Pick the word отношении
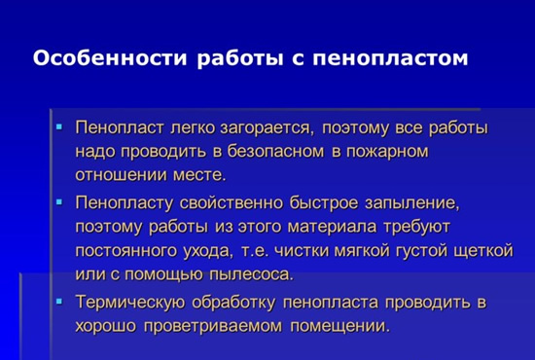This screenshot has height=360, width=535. tap(122, 175)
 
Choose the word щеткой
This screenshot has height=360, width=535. tap(478, 251)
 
